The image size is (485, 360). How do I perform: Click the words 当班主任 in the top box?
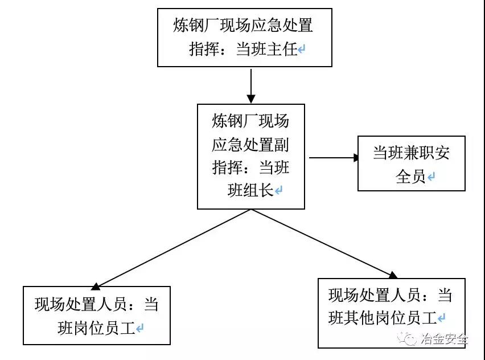267,49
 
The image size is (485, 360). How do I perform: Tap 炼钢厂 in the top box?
196,25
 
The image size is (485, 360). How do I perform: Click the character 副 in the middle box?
281,145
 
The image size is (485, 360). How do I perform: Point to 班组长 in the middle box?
250,190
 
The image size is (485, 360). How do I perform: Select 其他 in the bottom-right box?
359,318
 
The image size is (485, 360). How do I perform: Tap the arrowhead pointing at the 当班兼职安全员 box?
356,158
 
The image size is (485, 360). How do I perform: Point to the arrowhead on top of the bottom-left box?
96,287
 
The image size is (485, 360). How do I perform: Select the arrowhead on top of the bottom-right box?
393,275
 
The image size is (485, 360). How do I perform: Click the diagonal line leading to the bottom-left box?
174,248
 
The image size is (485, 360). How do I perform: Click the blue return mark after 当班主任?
302,50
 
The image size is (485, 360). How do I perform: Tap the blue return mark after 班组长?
278,190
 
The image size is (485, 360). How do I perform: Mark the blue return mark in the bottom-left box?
139,328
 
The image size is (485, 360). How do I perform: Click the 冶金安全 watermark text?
444,339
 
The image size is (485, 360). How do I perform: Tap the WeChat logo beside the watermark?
407,339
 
